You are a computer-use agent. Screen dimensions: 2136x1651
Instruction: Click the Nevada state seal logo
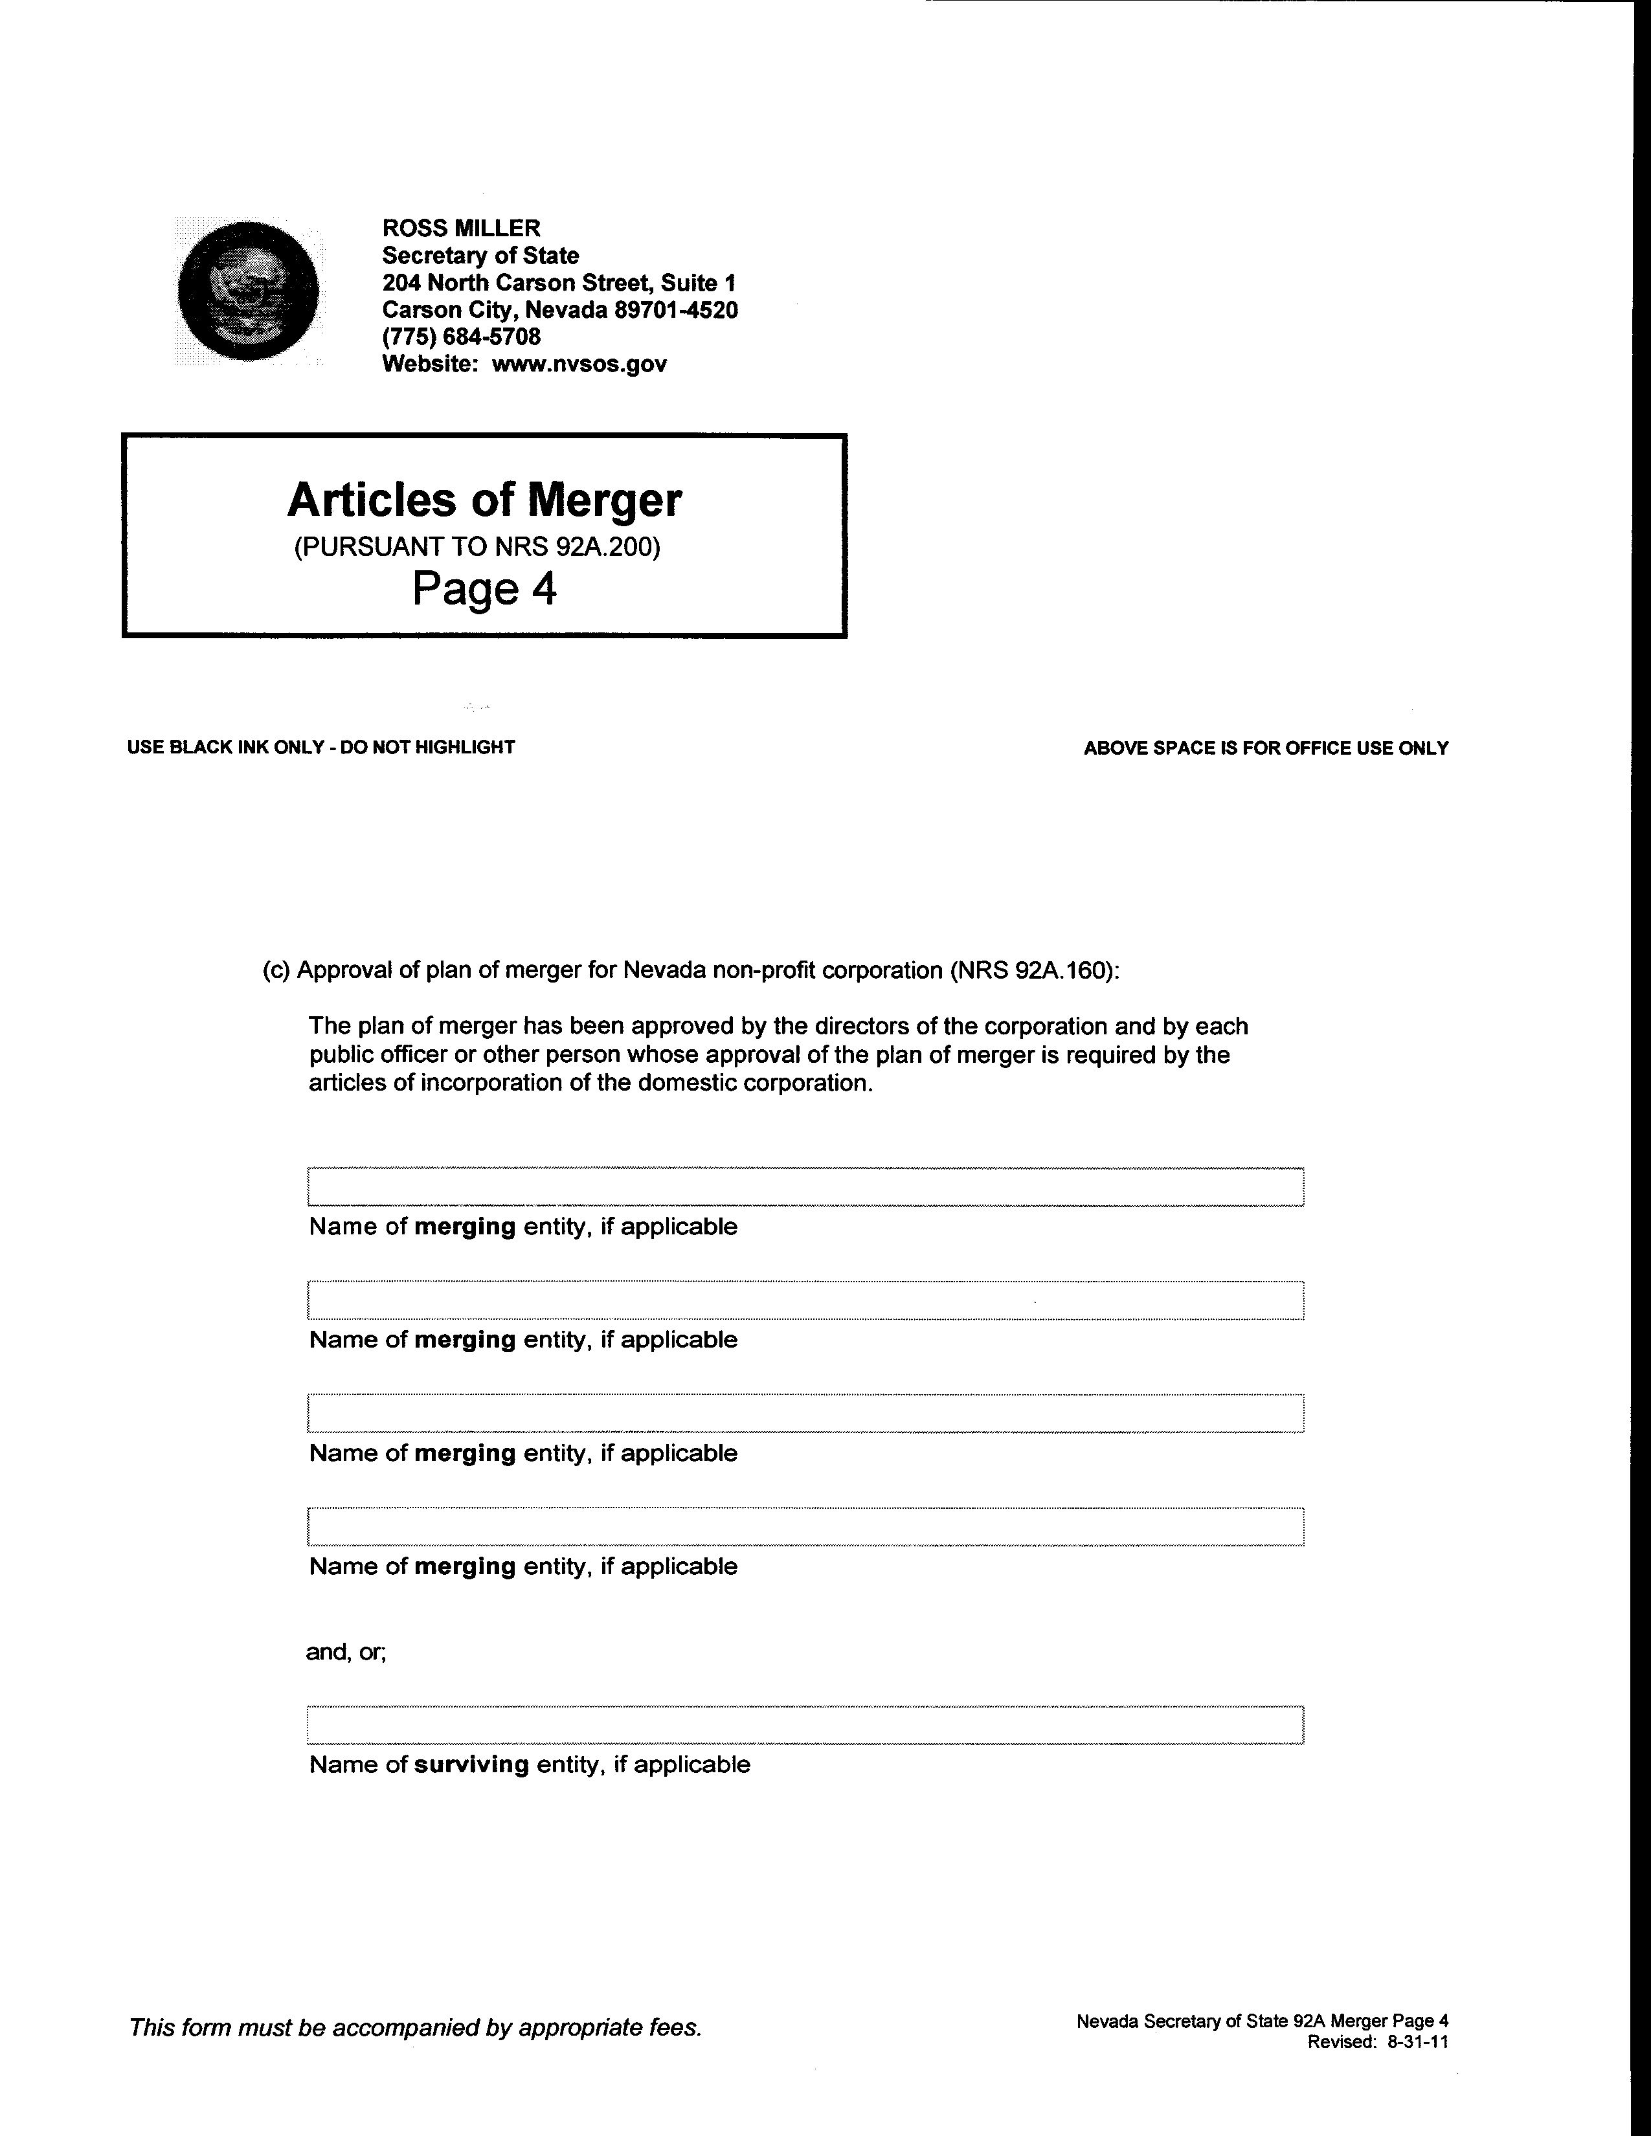tap(249, 291)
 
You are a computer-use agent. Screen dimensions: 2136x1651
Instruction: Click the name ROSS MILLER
tap(461, 228)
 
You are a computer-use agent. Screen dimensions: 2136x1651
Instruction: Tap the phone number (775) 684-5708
tap(461, 337)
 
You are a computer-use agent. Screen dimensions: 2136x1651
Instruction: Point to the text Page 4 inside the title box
tap(484, 589)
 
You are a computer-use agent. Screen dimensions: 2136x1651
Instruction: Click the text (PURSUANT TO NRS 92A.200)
tap(477, 547)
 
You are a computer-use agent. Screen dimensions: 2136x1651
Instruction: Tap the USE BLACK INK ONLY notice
tap(320, 747)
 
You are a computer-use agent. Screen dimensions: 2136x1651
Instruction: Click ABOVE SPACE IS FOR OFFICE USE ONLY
tap(1266, 748)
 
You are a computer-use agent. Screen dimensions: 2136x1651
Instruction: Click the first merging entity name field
tap(805, 1186)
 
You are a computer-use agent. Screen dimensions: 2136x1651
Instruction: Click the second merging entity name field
tap(805, 1300)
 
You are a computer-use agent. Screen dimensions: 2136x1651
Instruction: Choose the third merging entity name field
tap(805, 1413)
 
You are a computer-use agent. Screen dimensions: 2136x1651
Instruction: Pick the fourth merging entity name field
tap(805, 1527)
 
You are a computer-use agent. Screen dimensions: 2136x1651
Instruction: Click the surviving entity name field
tap(805, 1724)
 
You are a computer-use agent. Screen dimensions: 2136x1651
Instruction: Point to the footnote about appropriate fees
tap(416, 2027)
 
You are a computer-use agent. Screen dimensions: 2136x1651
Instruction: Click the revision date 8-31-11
tap(1417, 2042)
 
